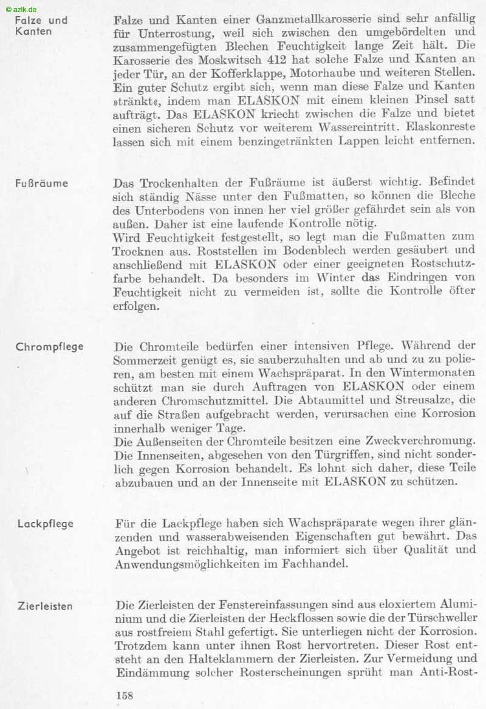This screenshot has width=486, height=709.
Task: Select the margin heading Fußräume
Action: pos(41,183)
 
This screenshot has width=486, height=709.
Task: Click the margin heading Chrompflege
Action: pos(50,348)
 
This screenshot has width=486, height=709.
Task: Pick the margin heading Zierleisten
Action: pos(46,606)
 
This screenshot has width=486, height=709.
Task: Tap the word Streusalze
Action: pos(417,402)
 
